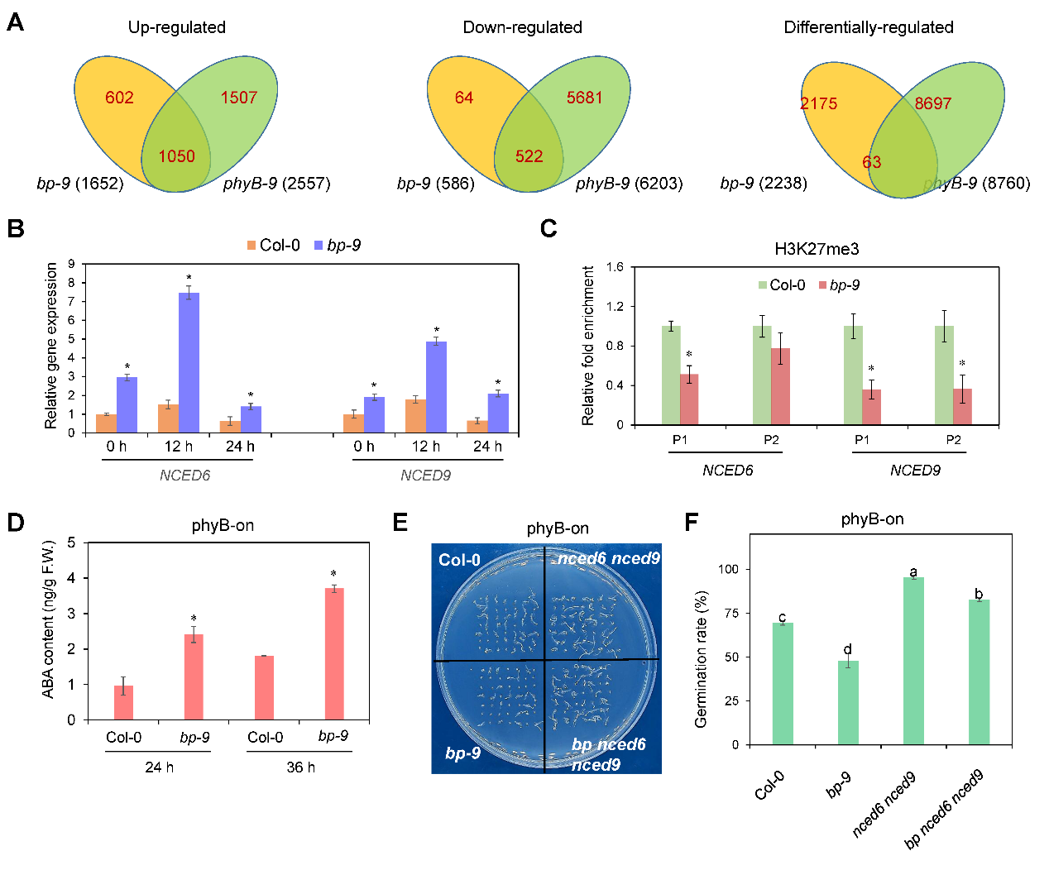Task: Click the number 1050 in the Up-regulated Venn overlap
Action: coord(176,156)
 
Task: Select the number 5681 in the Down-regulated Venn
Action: coord(584,98)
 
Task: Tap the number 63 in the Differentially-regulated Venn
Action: coord(871,162)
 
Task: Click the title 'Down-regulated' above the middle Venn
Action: coord(522,27)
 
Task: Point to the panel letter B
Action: coord(15,228)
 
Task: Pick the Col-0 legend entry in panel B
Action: coord(273,245)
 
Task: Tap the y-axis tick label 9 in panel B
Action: coord(71,264)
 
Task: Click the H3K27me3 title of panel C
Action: coord(816,249)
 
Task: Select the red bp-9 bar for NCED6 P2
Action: coord(780,386)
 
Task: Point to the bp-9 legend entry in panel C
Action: coord(839,285)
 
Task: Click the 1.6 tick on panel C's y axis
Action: coord(615,267)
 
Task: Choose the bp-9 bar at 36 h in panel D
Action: coord(334,653)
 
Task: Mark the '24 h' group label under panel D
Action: coord(159,767)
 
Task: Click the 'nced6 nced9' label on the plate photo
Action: coord(608,559)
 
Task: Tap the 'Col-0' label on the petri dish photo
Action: coord(459,560)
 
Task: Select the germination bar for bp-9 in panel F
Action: coord(848,702)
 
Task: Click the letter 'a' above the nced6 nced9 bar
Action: coord(913,572)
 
